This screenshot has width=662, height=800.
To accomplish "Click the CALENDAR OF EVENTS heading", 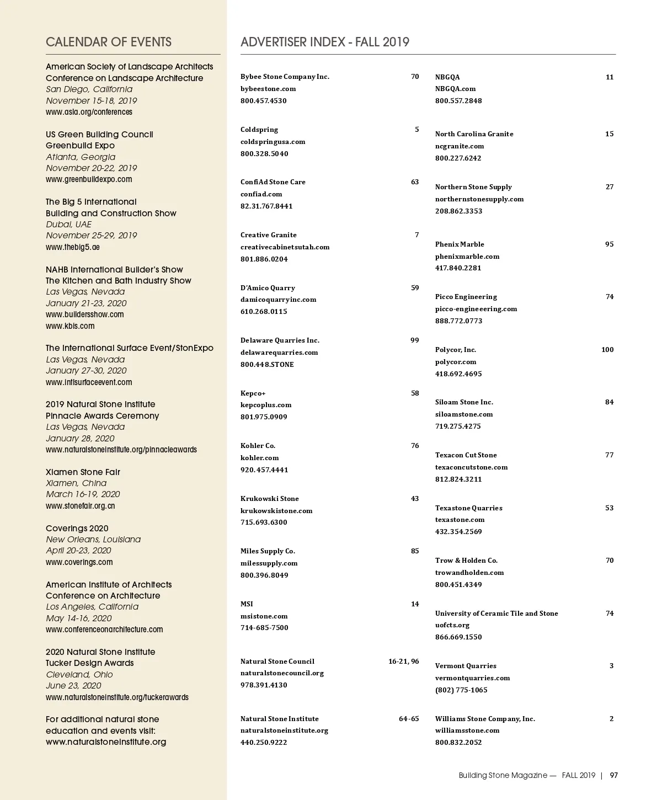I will [109, 42].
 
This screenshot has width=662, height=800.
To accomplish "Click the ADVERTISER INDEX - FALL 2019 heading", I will [325, 42].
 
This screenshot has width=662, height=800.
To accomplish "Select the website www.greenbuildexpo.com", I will [89, 179].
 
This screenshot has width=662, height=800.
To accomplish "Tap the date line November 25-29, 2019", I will [91, 235].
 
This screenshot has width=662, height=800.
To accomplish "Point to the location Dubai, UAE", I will [68, 224].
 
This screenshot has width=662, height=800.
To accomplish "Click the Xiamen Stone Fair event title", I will [83, 472].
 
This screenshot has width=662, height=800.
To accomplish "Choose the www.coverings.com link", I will [79, 562].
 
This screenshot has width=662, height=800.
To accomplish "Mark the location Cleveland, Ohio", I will [79, 674].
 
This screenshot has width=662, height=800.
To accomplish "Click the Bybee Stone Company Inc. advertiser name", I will [285, 77].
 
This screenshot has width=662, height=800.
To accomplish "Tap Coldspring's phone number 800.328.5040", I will [264, 153].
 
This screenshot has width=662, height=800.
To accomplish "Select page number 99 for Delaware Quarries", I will [415, 340].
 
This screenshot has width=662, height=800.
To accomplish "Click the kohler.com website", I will [259, 457].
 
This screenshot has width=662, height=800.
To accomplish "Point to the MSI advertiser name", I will [247, 604].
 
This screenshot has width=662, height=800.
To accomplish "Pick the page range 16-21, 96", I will [403, 661].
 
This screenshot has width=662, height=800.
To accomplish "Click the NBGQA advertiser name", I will [447, 77].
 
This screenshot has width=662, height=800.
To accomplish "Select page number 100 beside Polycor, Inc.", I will [607, 349].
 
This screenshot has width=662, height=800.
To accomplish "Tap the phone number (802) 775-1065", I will [461, 690].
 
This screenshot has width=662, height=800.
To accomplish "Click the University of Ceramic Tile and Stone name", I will [496, 613].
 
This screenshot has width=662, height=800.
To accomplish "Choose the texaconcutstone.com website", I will [471, 467].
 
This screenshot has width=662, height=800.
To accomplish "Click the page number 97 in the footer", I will [613, 775].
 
